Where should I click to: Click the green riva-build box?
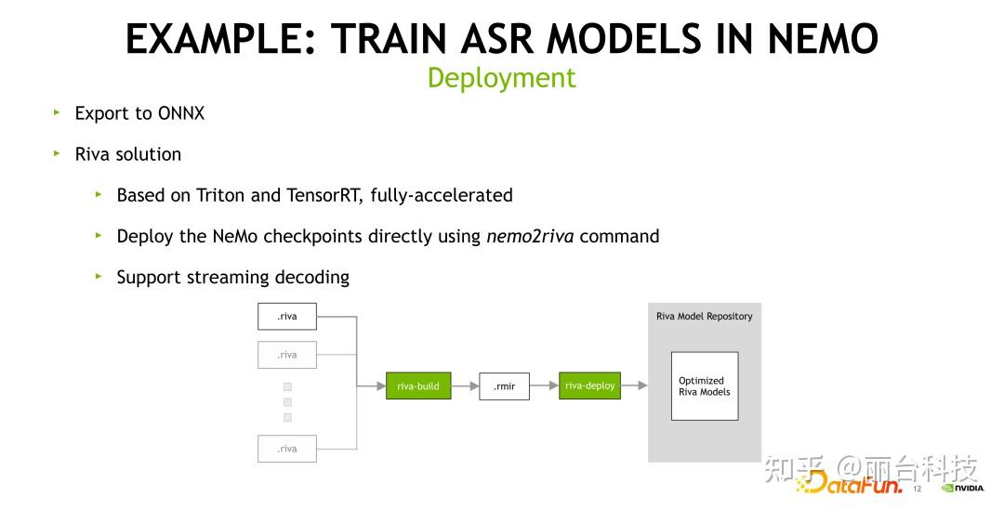(418, 386)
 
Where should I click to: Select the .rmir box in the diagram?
(504, 386)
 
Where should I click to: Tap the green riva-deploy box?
(589, 386)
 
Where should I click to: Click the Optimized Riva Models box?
(704, 386)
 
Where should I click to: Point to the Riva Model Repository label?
(704, 316)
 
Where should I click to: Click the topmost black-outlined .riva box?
(287, 316)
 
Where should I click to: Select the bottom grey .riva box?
(287, 449)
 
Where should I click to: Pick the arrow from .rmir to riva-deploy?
(544, 386)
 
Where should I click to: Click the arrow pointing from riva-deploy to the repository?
(634, 386)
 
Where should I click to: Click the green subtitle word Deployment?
(501, 78)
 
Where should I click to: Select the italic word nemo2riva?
(530, 236)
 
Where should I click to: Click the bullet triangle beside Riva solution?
(57, 153)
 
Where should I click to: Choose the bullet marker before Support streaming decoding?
(99, 276)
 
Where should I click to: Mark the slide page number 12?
(916, 489)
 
